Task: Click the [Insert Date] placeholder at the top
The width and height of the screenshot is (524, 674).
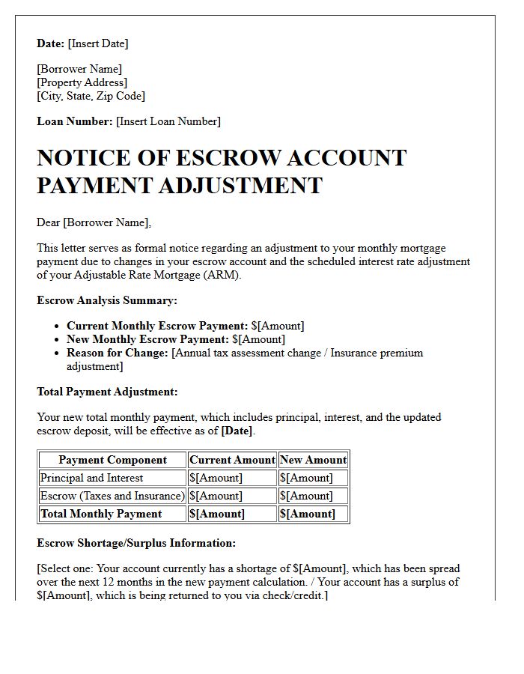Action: point(98,43)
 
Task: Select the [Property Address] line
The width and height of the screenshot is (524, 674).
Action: point(82,82)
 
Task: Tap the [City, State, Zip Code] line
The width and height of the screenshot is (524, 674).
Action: point(91,96)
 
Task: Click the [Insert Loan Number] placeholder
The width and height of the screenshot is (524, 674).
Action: point(168,121)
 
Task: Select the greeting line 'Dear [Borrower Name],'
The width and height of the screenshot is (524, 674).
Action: point(94,222)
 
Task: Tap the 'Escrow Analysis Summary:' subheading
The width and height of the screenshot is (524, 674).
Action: point(106,300)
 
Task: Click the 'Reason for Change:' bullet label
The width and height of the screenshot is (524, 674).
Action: point(118,353)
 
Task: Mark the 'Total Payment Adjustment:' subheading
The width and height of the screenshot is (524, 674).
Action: point(107,392)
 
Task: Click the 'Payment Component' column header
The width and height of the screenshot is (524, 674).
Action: point(112,460)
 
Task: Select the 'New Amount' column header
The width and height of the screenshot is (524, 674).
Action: point(313,460)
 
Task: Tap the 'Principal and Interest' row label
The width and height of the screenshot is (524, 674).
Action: point(91,478)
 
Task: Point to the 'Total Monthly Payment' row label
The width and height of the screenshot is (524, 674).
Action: point(101,514)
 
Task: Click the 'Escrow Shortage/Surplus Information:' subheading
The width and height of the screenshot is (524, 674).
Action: point(136,543)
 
